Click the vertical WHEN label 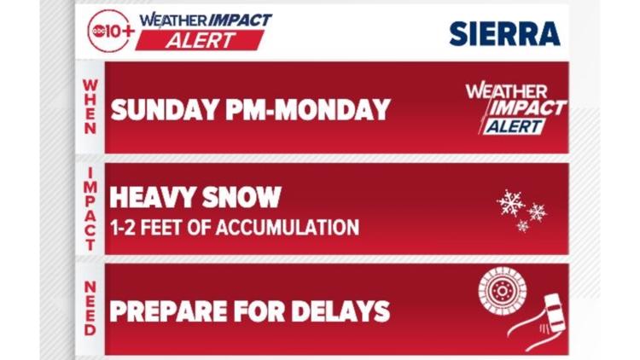(x=90, y=107)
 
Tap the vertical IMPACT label (x=90, y=208)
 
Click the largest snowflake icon (x=510, y=203)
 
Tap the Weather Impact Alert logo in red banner (x=515, y=108)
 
